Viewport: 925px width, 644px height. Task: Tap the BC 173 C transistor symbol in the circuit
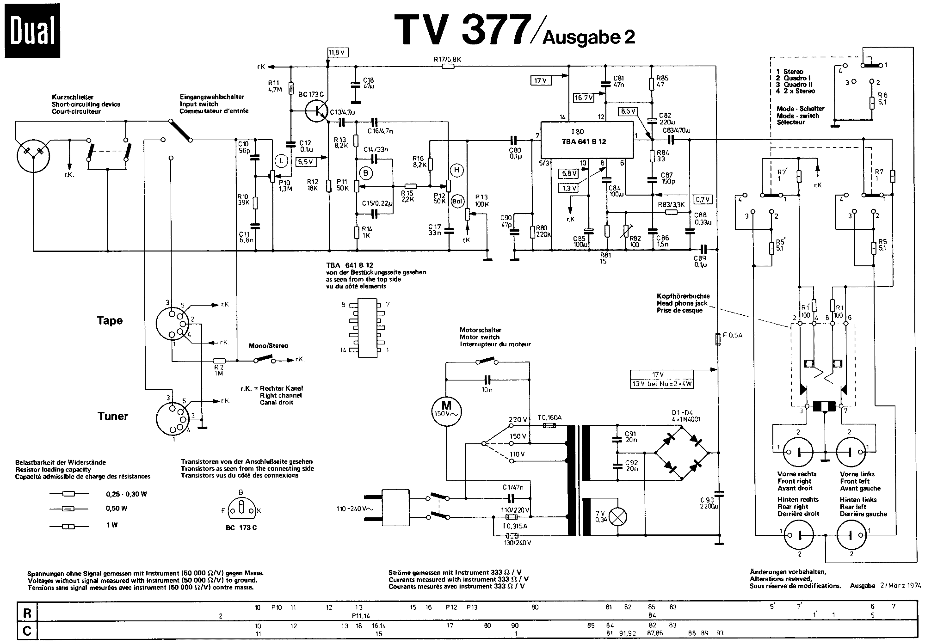click(317, 111)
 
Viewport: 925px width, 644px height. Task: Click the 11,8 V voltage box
click(337, 52)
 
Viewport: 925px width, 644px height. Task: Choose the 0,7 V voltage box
click(702, 199)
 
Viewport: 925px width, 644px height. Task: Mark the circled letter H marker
click(457, 170)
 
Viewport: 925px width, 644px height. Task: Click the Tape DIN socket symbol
click(175, 325)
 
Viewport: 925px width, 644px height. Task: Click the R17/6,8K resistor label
click(447, 59)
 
